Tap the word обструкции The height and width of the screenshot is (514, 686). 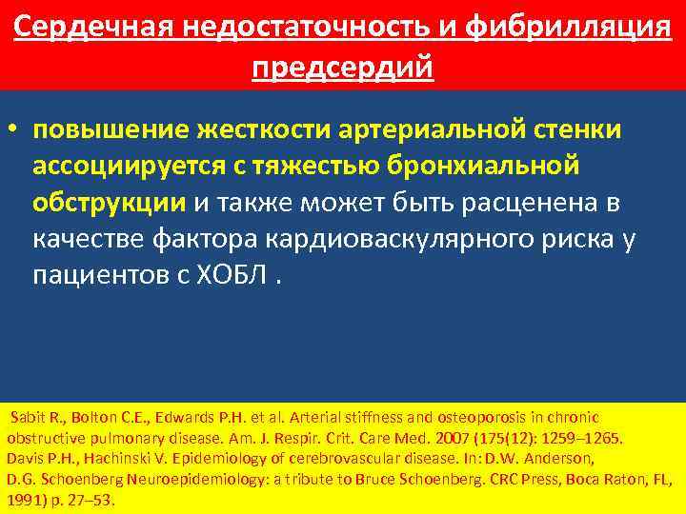coord(110,202)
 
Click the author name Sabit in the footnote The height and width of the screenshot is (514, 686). coord(27,418)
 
